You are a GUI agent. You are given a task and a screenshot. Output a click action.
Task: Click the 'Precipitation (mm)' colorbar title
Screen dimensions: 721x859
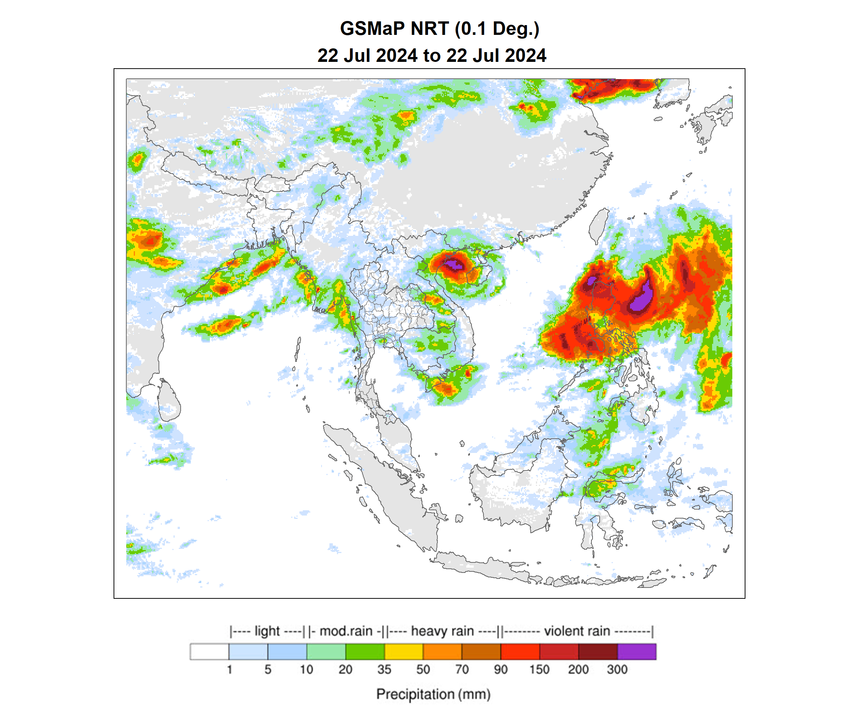pos(433,694)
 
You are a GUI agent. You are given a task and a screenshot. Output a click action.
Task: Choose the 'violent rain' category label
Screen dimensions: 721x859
pos(577,631)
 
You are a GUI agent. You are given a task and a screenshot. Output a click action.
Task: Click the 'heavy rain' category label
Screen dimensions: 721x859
pos(442,631)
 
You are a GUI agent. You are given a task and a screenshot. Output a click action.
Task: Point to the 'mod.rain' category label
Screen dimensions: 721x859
pos(346,631)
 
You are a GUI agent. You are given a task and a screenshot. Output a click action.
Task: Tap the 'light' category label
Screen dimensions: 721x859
pos(267,631)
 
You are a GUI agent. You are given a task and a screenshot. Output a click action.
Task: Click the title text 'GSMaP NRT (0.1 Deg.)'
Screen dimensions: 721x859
pos(440,28)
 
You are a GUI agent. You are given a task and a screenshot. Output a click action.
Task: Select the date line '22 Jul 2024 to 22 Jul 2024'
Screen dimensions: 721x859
pos(431,55)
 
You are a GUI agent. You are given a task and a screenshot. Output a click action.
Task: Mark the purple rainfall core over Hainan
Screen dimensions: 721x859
pos(454,265)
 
